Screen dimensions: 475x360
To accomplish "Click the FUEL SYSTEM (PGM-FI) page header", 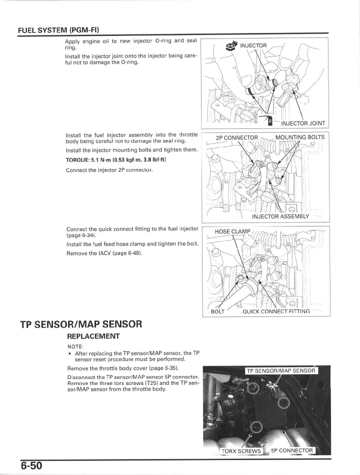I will (x=61, y=30).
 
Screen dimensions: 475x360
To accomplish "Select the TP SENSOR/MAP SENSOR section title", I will (x=81, y=324).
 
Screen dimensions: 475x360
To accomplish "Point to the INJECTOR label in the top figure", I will (x=253, y=46).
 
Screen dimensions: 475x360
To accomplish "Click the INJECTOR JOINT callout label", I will (x=303, y=123).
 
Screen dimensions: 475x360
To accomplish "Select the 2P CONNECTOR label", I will (x=236, y=137).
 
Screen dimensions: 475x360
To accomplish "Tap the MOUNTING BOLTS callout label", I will (x=299, y=137).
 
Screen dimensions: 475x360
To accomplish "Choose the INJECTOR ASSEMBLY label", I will (x=280, y=216).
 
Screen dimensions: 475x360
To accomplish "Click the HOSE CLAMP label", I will (x=232, y=231).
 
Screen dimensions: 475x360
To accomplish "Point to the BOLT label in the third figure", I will (x=218, y=311).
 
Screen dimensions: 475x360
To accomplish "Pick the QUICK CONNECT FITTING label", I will (x=276, y=311).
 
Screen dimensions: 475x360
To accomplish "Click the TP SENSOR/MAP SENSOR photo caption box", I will (x=281, y=370).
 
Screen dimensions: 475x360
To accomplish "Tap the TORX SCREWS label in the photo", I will (x=241, y=450).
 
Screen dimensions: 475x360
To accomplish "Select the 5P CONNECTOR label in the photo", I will (x=292, y=450).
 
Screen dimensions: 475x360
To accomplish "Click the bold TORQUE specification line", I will (x=115, y=160).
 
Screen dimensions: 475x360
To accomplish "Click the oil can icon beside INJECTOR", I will (x=231, y=46).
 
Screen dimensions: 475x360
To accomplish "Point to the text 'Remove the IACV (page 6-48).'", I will (x=104, y=253).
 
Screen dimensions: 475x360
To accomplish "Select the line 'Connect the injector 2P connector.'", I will (x=109, y=170).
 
